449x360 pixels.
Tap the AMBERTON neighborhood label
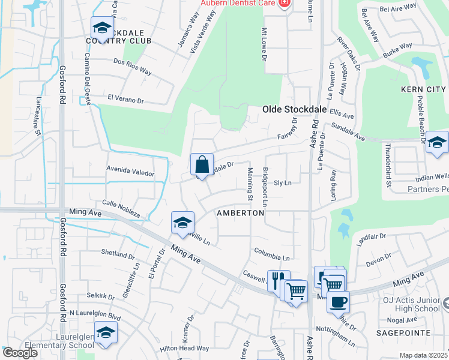pyautogui.click(x=241, y=213)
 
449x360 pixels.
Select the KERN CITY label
pyautogui.click(x=423, y=89)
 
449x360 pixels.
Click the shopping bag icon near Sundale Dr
pyautogui.click(x=202, y=164)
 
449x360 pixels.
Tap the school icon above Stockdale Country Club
pyautogui.click(x=102, y=28)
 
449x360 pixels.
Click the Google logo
pyautogui.click(x=19, y=353)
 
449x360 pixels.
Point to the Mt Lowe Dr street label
pyautogui.click(x=264, y=44)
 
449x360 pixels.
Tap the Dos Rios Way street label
pyautogui.click(x=132, y=66)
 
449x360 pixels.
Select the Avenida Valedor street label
pyautogui.click(x=130, y=171)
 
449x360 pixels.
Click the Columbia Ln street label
pyautogui.click(x=271, y=254)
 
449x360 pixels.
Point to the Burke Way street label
pyautogui.click(x=398, y=49)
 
